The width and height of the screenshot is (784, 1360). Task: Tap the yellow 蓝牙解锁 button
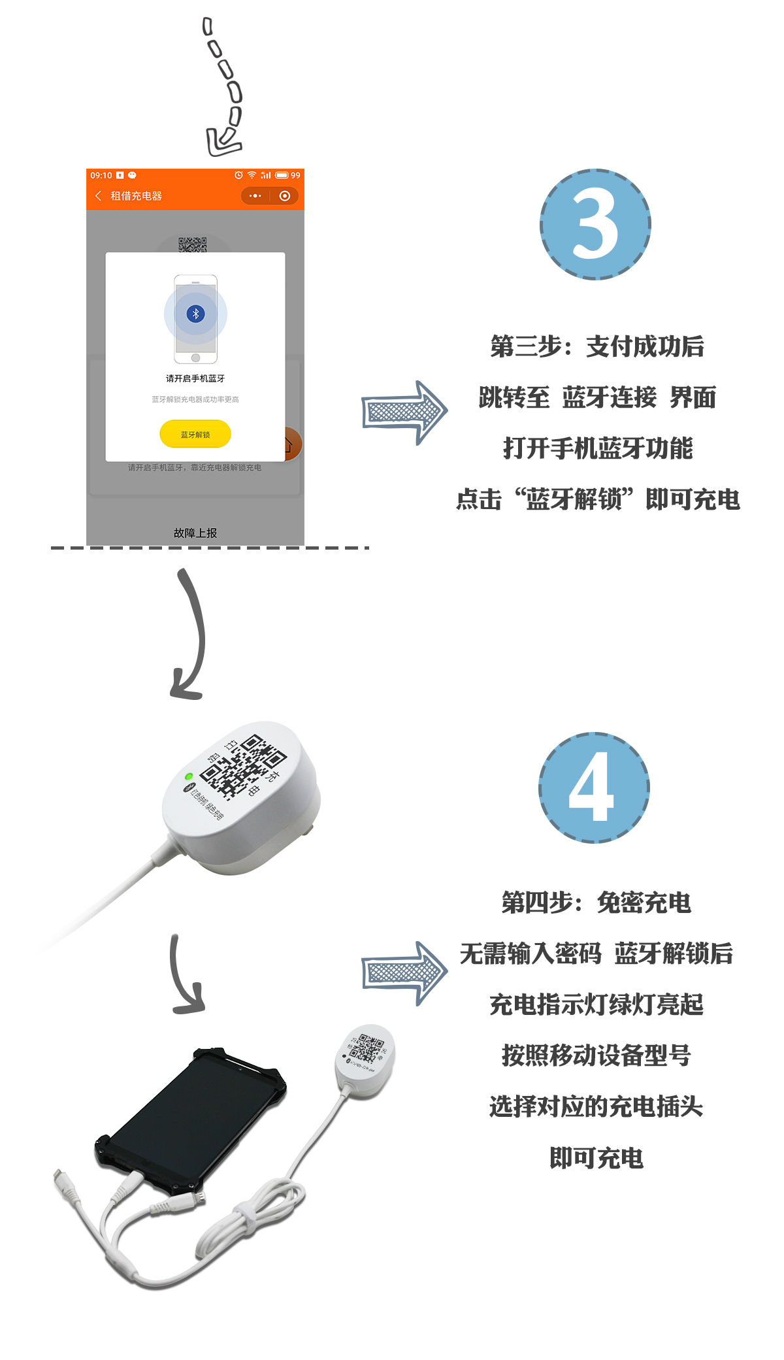click(x=195, y=435)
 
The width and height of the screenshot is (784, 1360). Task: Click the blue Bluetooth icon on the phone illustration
click(x=195, y=314)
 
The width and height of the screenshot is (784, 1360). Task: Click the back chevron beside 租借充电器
click(x=99, y=195)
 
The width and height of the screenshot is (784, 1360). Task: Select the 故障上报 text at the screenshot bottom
click(x=195, y=533)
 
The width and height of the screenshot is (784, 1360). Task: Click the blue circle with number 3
click(x=595, y=224)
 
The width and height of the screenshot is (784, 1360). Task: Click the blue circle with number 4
click(x=594, y=787)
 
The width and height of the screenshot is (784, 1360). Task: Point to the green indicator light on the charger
click(x=189, y=776)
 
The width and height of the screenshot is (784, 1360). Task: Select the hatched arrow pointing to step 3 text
click(x=404, y=412)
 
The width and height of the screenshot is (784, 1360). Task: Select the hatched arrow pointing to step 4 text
click(x=404, y=972)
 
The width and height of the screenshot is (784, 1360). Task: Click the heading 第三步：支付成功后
click(x=597, y=346)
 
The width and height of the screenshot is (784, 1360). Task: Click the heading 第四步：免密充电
click(x=596, y=903)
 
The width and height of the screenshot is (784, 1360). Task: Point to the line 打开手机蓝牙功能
click(x=597, y=448)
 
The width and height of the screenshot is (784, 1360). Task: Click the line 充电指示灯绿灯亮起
click(x=596, y=1004)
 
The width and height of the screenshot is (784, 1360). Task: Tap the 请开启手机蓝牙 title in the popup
click(x=195, y=378)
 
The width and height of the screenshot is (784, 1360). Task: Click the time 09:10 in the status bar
click(x=101, y=175)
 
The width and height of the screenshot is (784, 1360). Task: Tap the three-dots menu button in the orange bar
click(x=255, y=195)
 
